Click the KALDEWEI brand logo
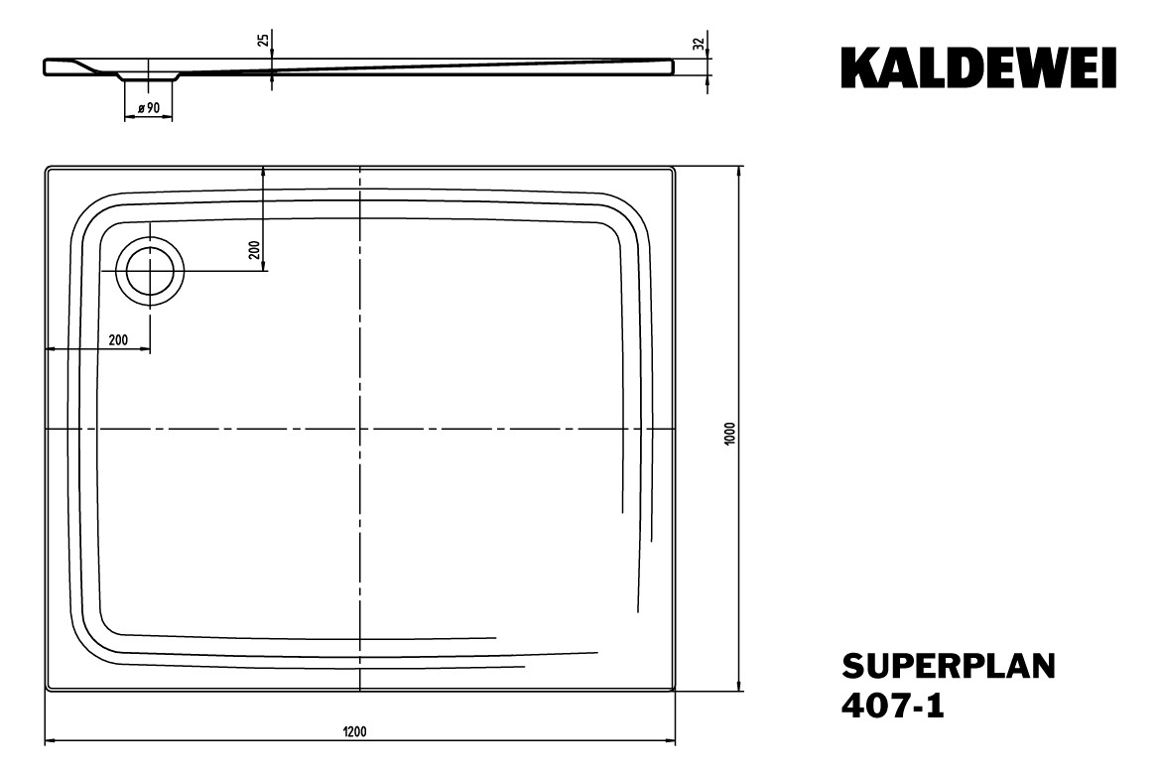(977, 66)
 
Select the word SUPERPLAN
(949, 664)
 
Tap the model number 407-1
(892, 707)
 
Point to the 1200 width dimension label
(354, 732)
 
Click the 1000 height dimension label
(729, 432)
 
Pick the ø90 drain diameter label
(150, 107)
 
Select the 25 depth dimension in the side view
(262, 41)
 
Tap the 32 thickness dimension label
(699, 44)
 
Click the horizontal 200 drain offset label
(117, 339)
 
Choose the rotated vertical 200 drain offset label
(254, 251)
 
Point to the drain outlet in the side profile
(149, 75)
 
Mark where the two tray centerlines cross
(359, 429)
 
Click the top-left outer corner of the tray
(47, 168)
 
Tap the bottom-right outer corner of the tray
(675, 690)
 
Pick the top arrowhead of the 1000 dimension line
(738, 170)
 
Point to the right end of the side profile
(672, 65)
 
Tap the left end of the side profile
(46, 66)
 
